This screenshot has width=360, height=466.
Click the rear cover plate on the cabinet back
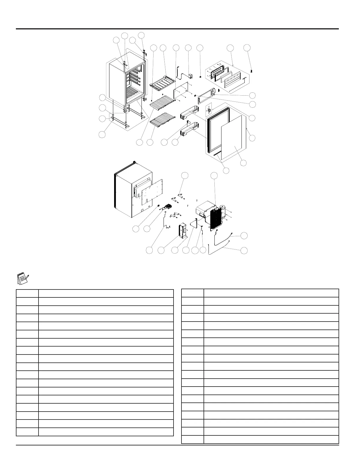152,191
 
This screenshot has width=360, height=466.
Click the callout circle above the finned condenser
215,176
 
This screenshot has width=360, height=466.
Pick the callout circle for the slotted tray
163,48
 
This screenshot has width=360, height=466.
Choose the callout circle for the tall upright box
161,250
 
